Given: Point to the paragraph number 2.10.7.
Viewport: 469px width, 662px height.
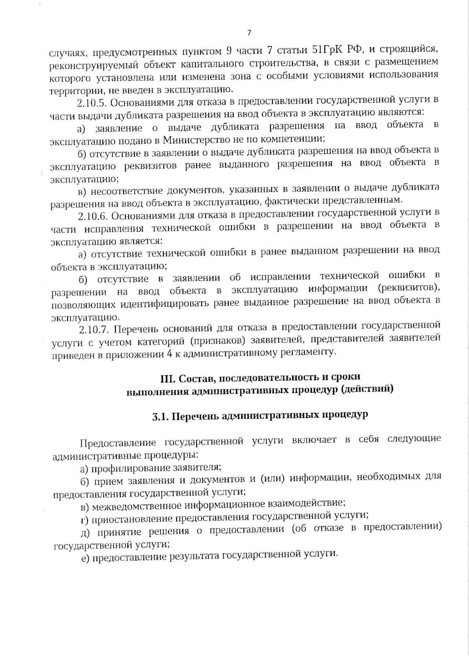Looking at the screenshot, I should (x=93, y=330).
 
